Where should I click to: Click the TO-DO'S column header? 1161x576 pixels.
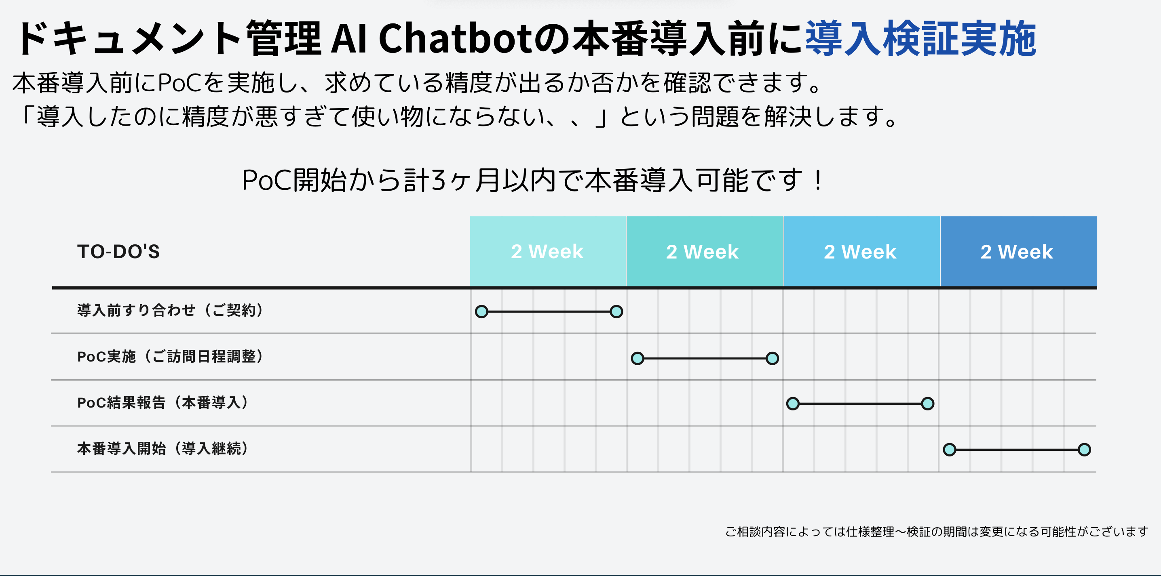[x=118, y=251]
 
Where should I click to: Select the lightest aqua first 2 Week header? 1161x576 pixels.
[x=548, y=251]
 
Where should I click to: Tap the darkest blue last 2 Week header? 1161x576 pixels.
[x=1019, y=251]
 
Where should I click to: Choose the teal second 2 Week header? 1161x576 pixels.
[x=705, y=251]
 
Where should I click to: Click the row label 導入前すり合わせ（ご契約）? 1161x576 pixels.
[x=170, y=310]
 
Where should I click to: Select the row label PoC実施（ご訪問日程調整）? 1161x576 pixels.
[x=170, y=357]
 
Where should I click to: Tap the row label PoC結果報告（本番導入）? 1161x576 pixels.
[x=163, y=403]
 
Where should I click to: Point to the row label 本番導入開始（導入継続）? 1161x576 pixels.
[x=163, y=448]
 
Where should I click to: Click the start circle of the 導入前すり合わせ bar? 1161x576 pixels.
[x=482, y=312]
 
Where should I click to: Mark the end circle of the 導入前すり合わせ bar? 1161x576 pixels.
[x=616, y=312]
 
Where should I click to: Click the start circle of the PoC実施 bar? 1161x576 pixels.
[x=637, y=358]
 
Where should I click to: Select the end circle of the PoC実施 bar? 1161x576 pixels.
[x=772, y=358]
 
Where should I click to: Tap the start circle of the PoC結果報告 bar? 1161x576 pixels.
[x=793, y=404]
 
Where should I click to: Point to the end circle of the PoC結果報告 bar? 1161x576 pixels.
[x=927, y=404]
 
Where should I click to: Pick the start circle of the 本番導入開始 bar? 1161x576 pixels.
[x=950, y=450]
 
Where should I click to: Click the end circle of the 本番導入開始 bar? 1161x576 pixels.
[x=1084, y=450]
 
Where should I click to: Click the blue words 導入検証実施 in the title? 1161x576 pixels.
[x=921, y=38]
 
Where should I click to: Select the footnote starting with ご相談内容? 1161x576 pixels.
[x=937, y=532]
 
